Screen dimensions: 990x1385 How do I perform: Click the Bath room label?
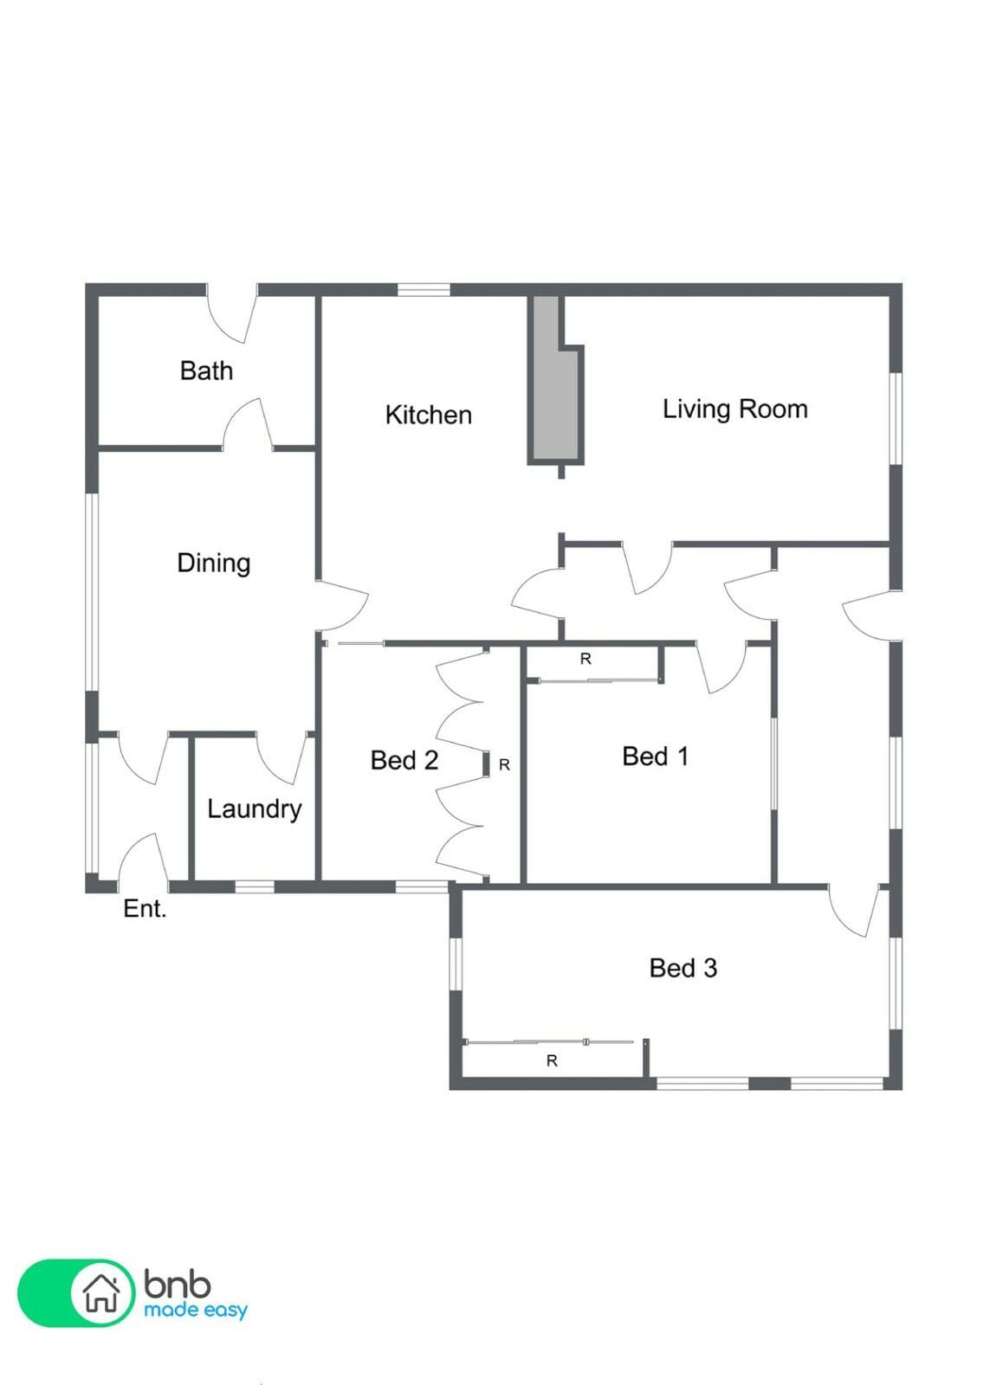206,371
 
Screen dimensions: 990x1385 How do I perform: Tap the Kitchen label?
428,415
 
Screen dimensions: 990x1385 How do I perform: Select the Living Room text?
735,409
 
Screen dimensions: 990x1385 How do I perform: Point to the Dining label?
213,564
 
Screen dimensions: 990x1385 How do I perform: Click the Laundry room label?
255,808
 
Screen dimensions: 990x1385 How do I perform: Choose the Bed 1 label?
656,756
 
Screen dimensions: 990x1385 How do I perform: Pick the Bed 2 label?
404,760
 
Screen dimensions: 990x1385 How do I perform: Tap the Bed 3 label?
683,968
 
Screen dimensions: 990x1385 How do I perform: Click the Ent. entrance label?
145,908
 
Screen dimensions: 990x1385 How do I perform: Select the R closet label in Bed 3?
552,1061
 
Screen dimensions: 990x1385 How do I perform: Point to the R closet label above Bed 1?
586,659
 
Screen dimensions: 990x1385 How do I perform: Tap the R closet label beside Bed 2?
504,765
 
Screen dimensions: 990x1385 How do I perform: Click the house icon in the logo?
101,1293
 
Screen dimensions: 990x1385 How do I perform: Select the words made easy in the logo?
196,1310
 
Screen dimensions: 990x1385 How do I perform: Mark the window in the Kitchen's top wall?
424,290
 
